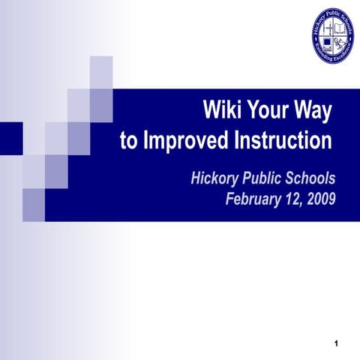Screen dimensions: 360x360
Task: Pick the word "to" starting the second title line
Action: [x=130, y=140]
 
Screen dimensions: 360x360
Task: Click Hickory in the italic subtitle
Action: [x=214, y=178]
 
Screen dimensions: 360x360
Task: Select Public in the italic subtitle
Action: [x=262, y=178]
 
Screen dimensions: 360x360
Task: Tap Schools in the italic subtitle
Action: [x=310, y=178]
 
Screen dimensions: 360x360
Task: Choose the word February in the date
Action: [x=255, y=199]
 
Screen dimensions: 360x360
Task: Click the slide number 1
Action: [x=338, y=344]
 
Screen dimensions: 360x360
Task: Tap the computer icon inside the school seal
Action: [x=327, y=34]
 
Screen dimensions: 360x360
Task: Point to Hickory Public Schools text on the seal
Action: [x=334, y=16]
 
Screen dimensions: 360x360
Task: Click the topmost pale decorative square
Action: [x=101, y=72]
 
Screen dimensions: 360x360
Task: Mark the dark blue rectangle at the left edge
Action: [x=11, y=137]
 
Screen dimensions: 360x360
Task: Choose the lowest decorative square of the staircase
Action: [x=34, y=205]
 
